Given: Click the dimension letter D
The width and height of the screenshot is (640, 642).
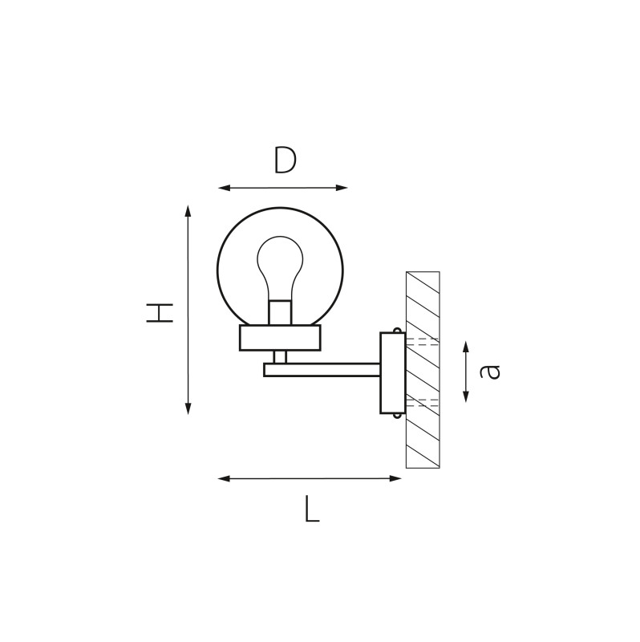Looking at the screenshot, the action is [285, 160].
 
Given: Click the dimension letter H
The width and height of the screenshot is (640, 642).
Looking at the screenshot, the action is [160, 313].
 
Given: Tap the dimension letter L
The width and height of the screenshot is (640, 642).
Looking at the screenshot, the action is [312, 509].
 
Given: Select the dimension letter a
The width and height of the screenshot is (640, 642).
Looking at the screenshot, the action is [490, 372].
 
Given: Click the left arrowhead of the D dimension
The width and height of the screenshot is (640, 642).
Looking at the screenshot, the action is [224, 188].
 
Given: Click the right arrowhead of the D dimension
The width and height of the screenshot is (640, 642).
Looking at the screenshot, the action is [342, 188].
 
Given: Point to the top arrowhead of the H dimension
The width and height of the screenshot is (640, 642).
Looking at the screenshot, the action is [188, 211].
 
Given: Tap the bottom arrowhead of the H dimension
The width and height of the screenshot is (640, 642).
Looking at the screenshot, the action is [188, 408].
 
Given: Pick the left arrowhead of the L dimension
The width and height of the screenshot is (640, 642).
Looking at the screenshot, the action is [224, 478].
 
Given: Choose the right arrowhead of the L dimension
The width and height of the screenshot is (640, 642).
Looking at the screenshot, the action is [395, 478].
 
